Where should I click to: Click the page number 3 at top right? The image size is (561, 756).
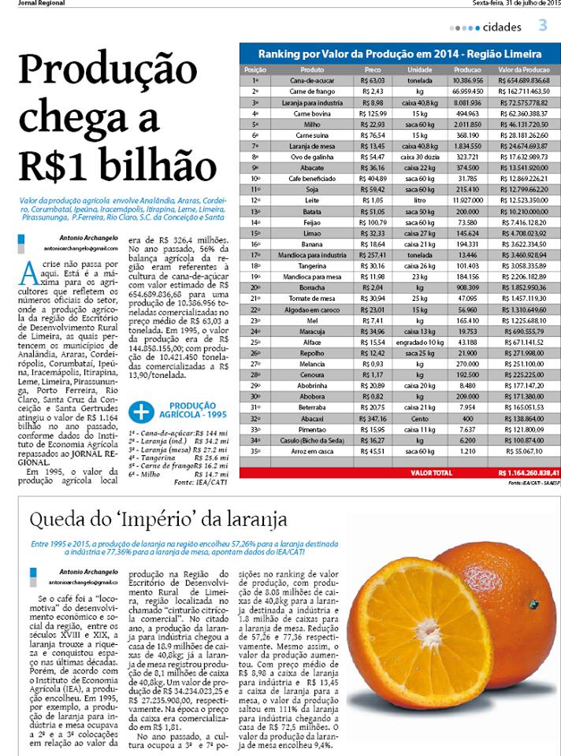tap(543, 26)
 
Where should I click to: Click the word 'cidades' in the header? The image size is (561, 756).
tap(502, 28)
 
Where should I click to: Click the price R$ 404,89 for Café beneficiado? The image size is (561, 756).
tap(370, 179)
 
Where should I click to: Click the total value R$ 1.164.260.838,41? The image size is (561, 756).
tap(518, 473)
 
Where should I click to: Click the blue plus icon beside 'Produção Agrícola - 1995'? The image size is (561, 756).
tap(140, 410)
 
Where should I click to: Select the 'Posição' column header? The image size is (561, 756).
tap(256, 70)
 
